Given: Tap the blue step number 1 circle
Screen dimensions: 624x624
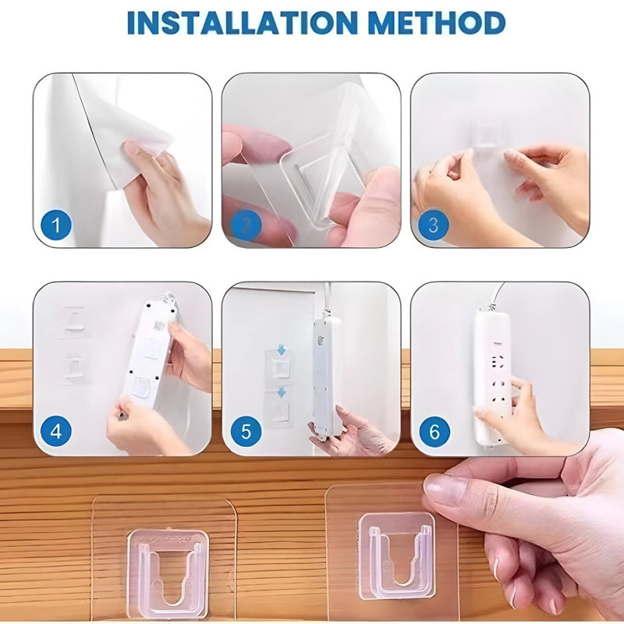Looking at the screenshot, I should tap(56, 226).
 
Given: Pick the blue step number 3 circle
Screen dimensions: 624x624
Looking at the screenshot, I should tap(434, 227).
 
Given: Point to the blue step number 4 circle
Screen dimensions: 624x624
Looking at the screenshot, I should tap(56, 431).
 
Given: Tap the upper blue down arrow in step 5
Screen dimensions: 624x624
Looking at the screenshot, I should tap(281, 351).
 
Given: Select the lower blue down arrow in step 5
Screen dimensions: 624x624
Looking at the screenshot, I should tap(281, 392).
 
